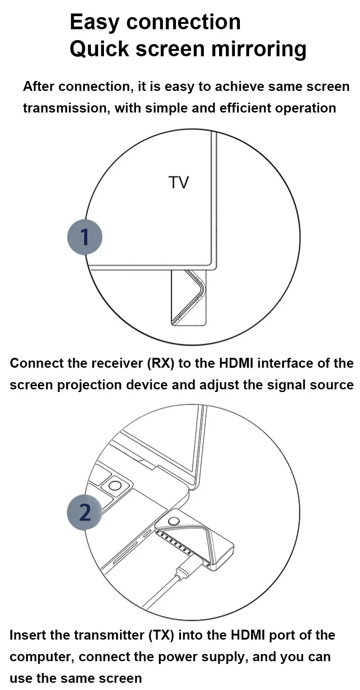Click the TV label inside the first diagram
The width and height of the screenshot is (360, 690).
click(x=179, y=182)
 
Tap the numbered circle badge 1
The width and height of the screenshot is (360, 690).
click(x=85, y=237)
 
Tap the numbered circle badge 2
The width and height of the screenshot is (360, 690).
click(x=85, y=512)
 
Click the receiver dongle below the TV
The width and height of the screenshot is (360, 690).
click(x=189, y=298)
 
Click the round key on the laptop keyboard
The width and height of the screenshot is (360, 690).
click(x=115, y=486)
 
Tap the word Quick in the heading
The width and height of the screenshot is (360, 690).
click(x=99, y=49)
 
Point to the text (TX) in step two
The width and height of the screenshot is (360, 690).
click(x=161, y=635)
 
